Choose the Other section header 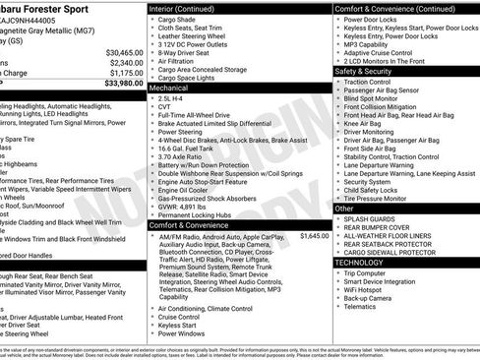(344, 209)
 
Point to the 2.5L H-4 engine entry (172, 99)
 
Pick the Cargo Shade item (178, 18)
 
